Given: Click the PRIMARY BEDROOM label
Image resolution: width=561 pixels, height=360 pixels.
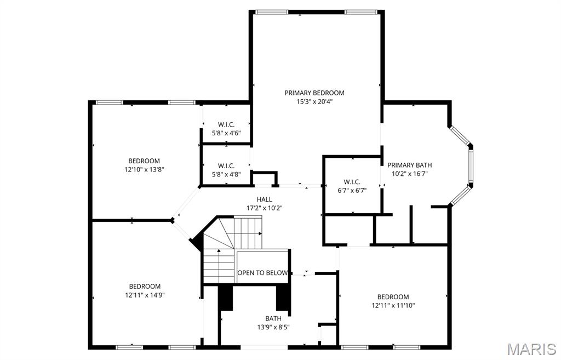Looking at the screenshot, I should [314, 93].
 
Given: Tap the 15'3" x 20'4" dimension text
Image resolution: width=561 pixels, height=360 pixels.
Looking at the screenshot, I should [314, 101].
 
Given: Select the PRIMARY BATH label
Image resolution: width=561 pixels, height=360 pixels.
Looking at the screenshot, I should [409, 165].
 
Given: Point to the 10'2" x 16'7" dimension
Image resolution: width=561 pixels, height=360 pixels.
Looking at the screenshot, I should [409, 174].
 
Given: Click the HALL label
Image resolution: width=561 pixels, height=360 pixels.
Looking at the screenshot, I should [264, 199].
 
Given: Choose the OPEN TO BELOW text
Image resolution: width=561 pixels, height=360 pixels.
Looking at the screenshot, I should [262, 273].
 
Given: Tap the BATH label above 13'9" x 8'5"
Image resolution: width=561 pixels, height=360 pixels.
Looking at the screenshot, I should [273, 318].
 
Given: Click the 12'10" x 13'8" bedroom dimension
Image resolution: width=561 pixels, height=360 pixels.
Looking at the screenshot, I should [144, 169].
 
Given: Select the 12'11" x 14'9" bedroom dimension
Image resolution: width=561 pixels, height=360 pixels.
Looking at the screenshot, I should [145, 295].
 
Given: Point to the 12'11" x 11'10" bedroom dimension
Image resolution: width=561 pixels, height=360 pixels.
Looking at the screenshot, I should [393, 305].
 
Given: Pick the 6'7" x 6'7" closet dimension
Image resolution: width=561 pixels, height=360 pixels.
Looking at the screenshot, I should [352, 191].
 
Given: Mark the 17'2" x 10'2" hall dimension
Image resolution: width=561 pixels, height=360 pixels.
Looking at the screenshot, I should [264, 208].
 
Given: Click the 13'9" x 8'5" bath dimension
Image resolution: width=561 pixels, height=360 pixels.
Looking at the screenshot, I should [273, 327].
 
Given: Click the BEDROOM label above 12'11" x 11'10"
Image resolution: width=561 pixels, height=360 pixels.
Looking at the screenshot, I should [393, 296].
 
